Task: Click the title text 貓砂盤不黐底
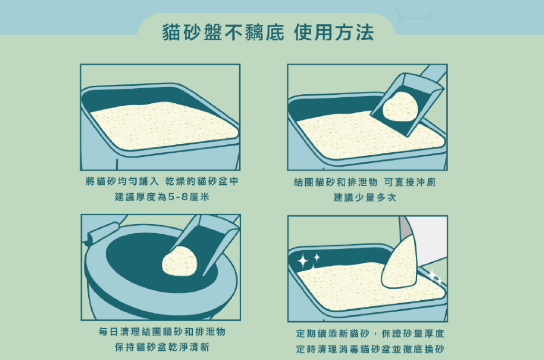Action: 223,33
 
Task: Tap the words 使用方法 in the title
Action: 334,33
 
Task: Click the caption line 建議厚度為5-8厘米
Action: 162,197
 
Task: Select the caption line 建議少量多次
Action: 365,198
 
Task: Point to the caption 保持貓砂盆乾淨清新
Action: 162,347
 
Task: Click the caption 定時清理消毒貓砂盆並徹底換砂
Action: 370,349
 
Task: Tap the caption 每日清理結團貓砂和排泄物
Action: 162,332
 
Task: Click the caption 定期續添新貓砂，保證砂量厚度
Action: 370,333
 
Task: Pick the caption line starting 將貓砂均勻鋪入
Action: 162,181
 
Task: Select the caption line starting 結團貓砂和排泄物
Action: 365,182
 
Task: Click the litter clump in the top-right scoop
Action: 400,107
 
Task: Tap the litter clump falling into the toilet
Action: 180,260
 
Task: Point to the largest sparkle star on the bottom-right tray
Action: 303,260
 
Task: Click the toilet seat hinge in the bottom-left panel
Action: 102,233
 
